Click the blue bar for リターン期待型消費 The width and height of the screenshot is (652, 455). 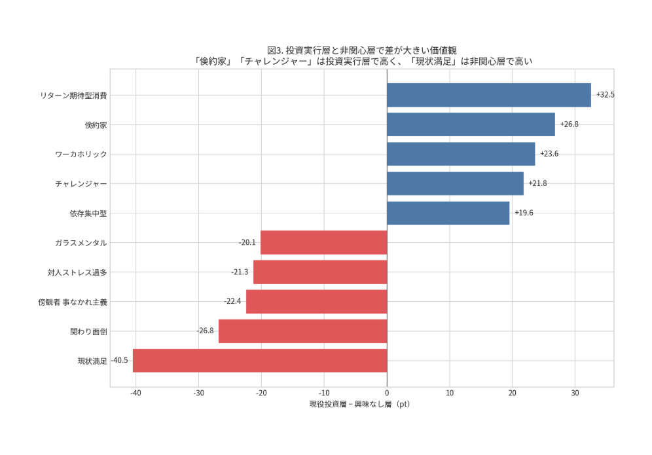(x=488, y=95)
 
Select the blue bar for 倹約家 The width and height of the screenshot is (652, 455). (x=471, y=124)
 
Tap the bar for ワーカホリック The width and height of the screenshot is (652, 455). (x=461, y=154)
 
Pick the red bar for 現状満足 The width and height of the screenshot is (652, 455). (x=260, y=361)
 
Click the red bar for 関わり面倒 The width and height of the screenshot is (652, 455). (x=302, y=331)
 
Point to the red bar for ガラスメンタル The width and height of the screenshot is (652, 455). (x=323, y=243)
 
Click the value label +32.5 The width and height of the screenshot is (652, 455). (x=605, y=95)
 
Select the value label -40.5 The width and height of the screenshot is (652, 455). (x=119, y=361)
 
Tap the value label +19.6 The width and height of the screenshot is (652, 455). (x=524, y=213)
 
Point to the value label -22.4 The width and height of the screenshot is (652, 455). (x=232, y=302)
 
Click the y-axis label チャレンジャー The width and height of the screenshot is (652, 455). (x=81, y=184)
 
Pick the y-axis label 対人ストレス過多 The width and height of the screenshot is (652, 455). (x=77, y=272)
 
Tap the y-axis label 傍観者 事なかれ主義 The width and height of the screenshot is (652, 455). (x=72, y=302)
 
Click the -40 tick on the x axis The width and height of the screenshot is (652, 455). (x=136, y=393)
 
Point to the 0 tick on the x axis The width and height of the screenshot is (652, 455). (x=387, y=393)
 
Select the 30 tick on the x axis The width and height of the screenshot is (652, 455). (x=575, y=393)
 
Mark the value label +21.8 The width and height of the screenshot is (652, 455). (x=537, y=183)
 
